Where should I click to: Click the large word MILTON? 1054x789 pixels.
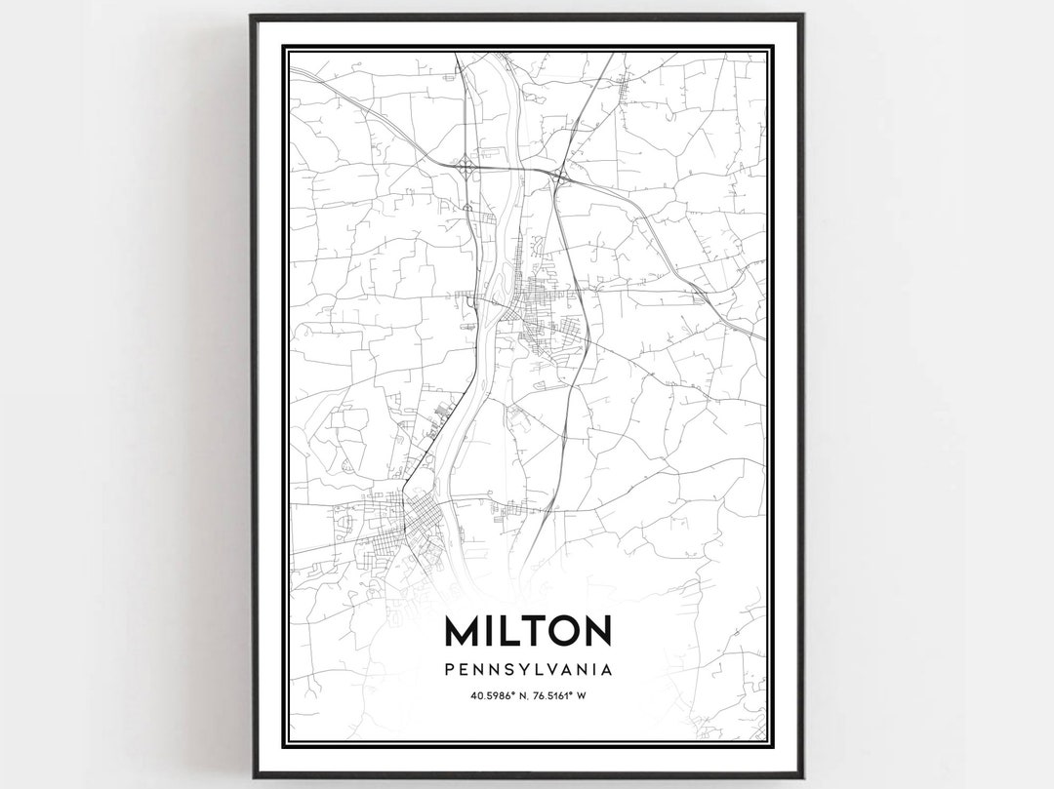click(528, 631)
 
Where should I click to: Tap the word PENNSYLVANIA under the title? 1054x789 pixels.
click(528, 670)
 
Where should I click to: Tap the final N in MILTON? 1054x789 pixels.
click(596, 631)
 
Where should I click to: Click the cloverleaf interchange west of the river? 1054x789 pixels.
click(466, 170)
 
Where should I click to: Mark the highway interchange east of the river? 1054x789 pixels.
click(559, 177)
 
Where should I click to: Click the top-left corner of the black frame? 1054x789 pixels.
click(252, 17)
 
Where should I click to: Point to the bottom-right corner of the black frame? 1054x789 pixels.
click(803, 776)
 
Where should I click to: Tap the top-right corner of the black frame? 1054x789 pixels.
click(803, 17)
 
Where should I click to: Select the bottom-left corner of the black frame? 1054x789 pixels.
click(252, 776)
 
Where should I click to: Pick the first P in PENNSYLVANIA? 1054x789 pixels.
click(448, 670)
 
